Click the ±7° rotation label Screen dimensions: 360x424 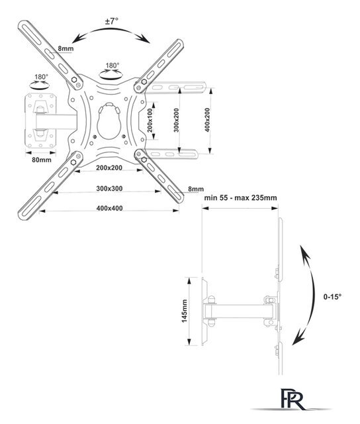pyautogui.click(x=112, y=21)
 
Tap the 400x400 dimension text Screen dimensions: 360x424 pyautogui.click(x=109, y=208)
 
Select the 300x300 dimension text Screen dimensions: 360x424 pyautogui.click(x=109, y=188)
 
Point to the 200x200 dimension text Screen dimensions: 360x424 pyautogui.click(x=109, y=168)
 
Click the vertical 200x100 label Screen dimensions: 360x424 pyautogui.click(x=150, y=120)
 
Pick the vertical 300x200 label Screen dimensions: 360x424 pyautogui.click(x=176, y=120)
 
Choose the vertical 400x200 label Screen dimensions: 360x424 pyautogui.click(x=207, y=120)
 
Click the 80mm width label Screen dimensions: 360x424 pyautogui.click(x=42, y=160)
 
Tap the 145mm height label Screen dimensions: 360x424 pyautogui.click(x=185, y=311)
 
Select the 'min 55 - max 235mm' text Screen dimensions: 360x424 pyautogui.click(x=240, y=197)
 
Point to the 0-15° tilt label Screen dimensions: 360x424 pyautogui.click(x=332, y=297)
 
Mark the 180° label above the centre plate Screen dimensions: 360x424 pyautogui.click(x=112, y=66)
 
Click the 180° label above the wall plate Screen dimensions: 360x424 pyautogui.click(x=41, y=77)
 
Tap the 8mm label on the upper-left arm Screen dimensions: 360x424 pyautogui.click(x=66, y=48)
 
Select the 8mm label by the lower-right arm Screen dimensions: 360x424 pyautogui.click(x=196, y=189)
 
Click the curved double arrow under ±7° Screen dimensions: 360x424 pyautogui.click(x=111, y=29)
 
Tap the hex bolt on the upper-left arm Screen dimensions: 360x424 pyautogui.click(x=73, y=79)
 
